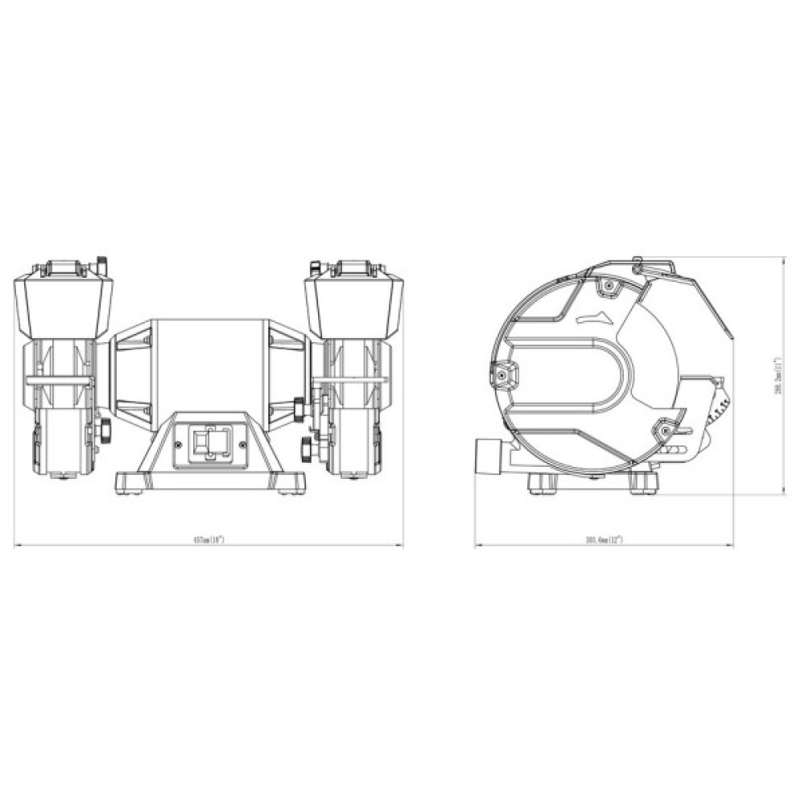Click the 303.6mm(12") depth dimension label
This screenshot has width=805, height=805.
(x=606, y=540)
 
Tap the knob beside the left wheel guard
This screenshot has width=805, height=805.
(x=105, y=430)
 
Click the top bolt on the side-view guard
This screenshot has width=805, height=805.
(x=607, y=285)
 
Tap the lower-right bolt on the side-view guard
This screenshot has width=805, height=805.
(x=665, y=430)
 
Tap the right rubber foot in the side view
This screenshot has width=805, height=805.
(x=646, y=482)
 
